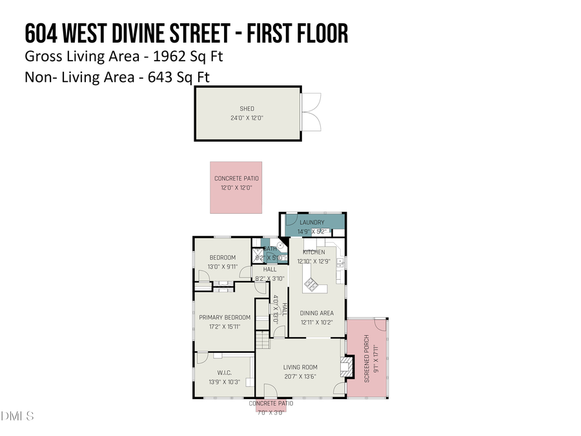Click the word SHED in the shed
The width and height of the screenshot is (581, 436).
click(247, 109)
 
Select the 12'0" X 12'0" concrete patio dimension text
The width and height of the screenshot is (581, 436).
click(236, 188)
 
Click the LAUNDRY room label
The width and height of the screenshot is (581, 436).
click(312, 223)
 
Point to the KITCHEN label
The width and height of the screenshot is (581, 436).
click(314, 252)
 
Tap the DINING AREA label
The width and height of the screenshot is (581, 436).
click(316, 313)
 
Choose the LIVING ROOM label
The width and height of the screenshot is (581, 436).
click(300, 368)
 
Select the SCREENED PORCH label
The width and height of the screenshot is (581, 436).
click(367, 359)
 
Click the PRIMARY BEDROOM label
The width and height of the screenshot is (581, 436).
click(224, 317)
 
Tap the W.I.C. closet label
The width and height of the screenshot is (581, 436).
click(224, 373)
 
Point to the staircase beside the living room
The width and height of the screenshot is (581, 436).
click(261, 337)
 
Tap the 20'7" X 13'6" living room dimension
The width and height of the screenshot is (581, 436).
click(300, 377)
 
